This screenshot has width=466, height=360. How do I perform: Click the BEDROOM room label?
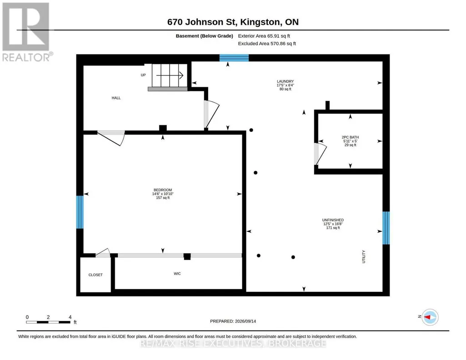pyautogui.click(x=163, y=190)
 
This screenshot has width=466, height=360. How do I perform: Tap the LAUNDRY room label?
pyautogui.click(x=286, y=81)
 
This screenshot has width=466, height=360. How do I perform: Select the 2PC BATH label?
pyautogui.click(x=350, y=137)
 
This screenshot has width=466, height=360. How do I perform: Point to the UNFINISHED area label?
pyautogui.click(x=333, y=220)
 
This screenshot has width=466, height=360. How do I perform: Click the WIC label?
pyautogui.click(x=177, y=274)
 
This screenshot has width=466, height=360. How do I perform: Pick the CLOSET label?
pyautogui.click(x=95, y=275)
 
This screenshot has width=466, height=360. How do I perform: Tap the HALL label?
pyautogui.click(x=116, y=98)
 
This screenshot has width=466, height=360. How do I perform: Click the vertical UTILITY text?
pyautogui.click(x=363, y=257)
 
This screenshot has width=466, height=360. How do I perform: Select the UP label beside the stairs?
pyautogui.click(x=143, y=75)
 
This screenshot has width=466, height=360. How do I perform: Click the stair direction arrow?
pyautogui.click(x=170, y=75)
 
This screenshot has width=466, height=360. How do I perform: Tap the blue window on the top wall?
pyautogui.click(x=234, y=58)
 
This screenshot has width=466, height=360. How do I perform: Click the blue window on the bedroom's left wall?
pyautogui.click(x=80, y=212)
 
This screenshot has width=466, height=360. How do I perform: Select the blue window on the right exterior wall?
pyautogui.click(x=386, y=228)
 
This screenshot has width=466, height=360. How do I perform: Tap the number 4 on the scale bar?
pyautogui.click(x=70, y=317)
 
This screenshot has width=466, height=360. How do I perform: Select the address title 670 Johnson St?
pyautogui.click(x=202, y=22)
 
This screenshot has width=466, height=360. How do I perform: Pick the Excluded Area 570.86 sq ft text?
pyautogui.click(x=267, y=44)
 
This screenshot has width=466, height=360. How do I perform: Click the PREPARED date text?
pyautogui.click(x=233, y=321)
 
